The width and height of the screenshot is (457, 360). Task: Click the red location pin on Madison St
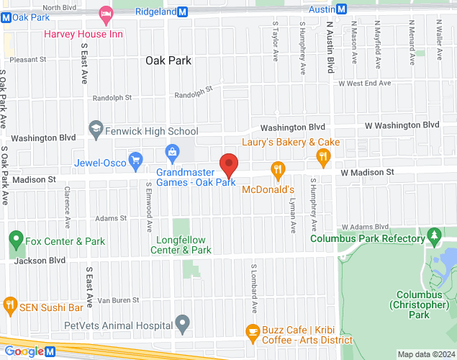click(229, 165)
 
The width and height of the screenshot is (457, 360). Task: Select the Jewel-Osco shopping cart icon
click(134, 159)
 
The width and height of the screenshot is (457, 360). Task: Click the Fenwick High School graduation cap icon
click(96, 130)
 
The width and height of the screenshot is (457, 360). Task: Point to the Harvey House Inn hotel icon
click(106, 13)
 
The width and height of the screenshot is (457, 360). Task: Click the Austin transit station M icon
click(341, 9)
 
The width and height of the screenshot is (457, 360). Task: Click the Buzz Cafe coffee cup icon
click(252, 332)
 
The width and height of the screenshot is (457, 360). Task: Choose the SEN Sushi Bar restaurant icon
click(10, 304)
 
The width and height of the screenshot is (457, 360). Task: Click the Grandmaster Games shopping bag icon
click(172, 151)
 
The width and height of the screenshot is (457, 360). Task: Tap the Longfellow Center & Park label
click(181, 245)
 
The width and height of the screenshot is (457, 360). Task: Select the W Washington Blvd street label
click(402, 125)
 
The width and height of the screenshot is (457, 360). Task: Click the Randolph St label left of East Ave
click(112, 97)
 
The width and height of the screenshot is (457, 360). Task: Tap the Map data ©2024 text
click(425, 354)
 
